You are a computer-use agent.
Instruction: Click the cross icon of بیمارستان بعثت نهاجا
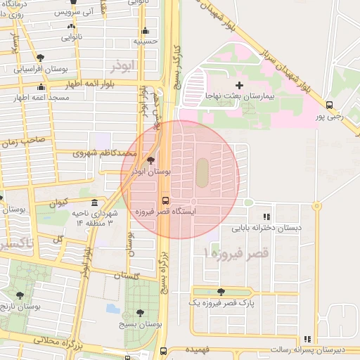coord(240,84)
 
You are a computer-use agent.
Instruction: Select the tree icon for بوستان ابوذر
coord(151,160)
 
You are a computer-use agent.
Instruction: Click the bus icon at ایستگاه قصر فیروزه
coord(165,199)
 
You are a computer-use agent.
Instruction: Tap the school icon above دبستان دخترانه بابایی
coord(266,217)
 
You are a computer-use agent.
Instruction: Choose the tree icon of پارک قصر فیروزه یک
coord(221,292)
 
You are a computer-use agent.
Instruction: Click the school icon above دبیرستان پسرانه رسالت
coord(307,339)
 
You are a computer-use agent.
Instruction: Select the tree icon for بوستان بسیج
coord(140,312)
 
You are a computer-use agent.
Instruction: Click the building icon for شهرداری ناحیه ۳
coord(94,203)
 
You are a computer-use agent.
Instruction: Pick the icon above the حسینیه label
coord(145,30)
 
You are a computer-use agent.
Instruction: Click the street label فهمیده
coord(198,349)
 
